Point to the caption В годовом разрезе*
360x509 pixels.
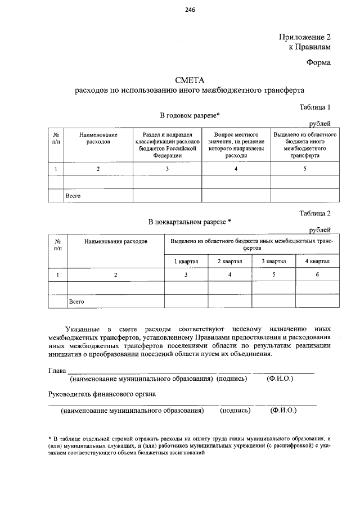[190, 115]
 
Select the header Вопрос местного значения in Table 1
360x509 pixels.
[236, 145]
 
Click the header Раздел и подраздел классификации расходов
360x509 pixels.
[167, 145]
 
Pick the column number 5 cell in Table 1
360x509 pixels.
[305, 169]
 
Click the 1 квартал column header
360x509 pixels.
[186, 261]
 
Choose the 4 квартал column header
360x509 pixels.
[317, 261]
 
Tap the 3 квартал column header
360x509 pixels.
[273, 261]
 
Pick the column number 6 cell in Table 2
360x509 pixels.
[317, 274]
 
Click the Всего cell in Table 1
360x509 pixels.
[74, 195]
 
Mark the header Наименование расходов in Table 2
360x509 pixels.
[115, 241]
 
